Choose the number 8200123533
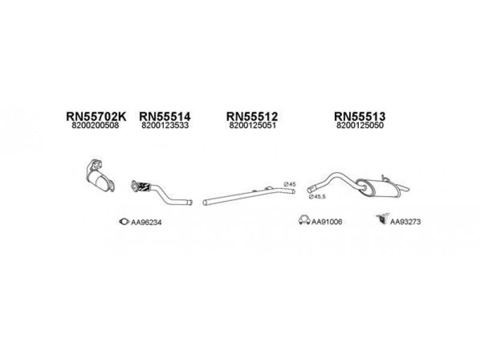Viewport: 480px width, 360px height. pos(165,127)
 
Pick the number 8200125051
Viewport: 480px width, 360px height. pos(252,127)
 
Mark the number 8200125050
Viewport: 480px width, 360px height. pos(359,127)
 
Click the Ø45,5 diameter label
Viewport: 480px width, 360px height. pos(318,197)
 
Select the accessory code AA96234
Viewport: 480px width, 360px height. pos(146,222)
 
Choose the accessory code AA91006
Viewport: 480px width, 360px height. pos(326,222)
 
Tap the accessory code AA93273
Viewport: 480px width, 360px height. pos(406,222)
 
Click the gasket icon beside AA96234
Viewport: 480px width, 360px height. pos(124,221)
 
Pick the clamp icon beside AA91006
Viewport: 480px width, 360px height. pos(304,221)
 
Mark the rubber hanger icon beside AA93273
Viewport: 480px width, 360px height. pos(380,221)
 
